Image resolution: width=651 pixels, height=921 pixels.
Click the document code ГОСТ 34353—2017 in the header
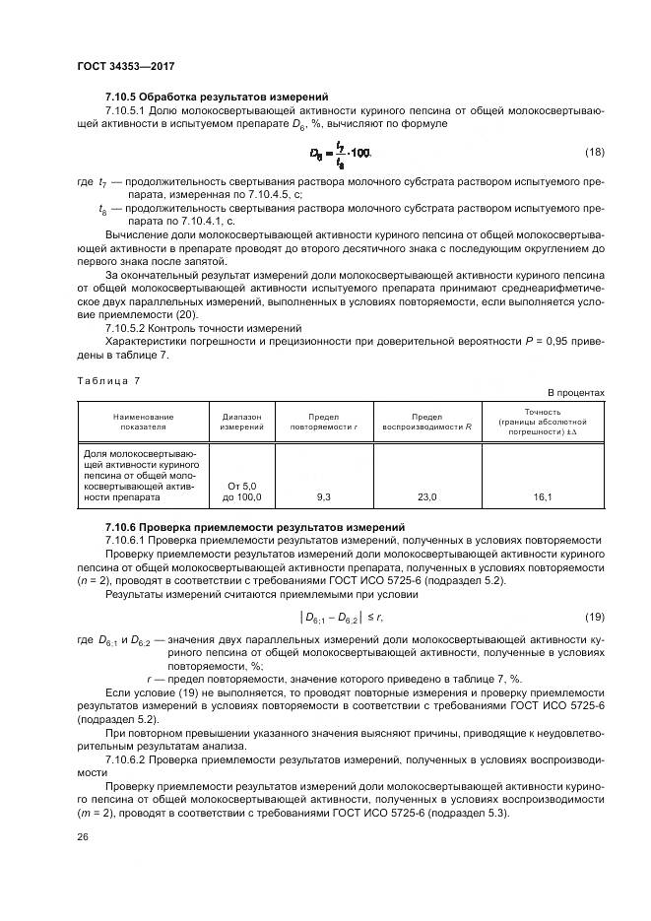125,66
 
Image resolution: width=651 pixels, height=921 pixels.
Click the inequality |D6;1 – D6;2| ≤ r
341,617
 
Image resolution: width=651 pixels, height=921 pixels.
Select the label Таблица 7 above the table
109,379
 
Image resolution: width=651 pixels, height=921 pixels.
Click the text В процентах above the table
576,392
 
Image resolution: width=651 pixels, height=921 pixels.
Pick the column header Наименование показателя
142,422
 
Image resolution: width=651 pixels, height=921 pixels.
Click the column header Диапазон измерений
241,422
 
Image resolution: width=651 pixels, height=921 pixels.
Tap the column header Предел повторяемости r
323,422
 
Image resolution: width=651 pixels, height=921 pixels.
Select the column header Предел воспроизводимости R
427,422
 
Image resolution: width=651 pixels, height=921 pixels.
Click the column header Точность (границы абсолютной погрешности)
543,422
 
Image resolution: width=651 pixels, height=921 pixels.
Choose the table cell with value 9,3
323,498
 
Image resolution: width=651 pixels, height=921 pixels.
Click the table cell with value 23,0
427,498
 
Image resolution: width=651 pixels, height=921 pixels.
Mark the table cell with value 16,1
543,498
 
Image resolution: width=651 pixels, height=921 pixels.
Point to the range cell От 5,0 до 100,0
241,492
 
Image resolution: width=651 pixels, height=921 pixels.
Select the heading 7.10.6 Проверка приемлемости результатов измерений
254,527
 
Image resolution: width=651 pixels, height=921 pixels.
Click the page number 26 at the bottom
83,837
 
